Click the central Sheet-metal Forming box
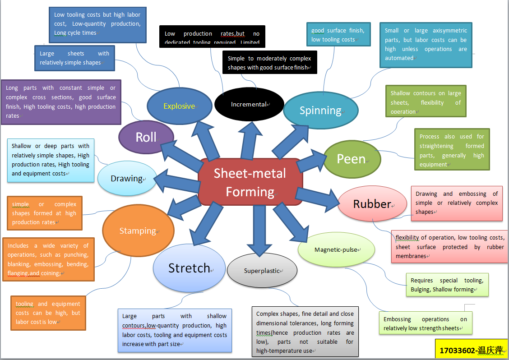tap(250, 183)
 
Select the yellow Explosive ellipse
tap(180, 106)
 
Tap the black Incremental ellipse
tap(249, 104)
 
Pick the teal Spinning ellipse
tap(320, 110)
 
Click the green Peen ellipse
tap(352, 159)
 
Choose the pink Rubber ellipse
tap(372, 204)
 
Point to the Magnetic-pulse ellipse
tap(337, 250)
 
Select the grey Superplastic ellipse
tap(262, 271)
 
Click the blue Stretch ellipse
tap(190, 268)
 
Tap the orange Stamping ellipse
tap(138, 231)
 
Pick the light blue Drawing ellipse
tap(127, 179)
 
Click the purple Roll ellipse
tap(146, 137)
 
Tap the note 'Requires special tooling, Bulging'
tap(447, 285)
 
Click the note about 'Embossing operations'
tap(425, 323)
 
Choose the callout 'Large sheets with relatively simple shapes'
tap(74, 58)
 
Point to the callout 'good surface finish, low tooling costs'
tap(338, 35)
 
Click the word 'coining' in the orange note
tap(50, 273)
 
